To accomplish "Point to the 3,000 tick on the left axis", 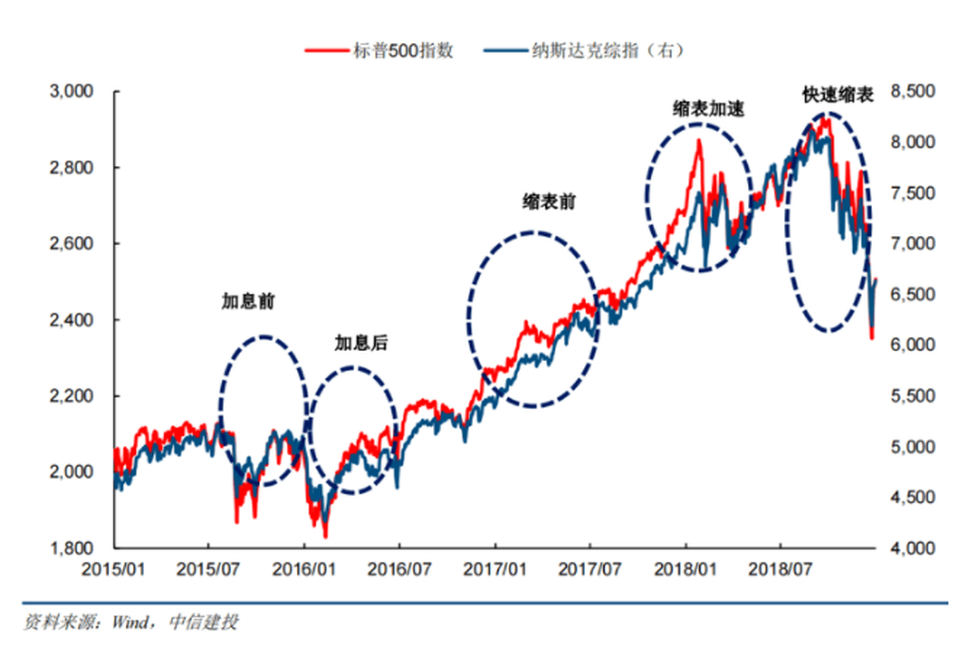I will click(x=71, y=92).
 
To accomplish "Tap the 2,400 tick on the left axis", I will click(x=71, y=320).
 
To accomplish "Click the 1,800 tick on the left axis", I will click(x=71, y=548).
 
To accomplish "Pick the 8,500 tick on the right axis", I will click(x=910, y=92).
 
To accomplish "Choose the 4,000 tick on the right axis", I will click(x=910, y=548).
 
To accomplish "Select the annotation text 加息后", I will click(x=360, y=343).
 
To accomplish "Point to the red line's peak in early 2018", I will click(x=699, y=141).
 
